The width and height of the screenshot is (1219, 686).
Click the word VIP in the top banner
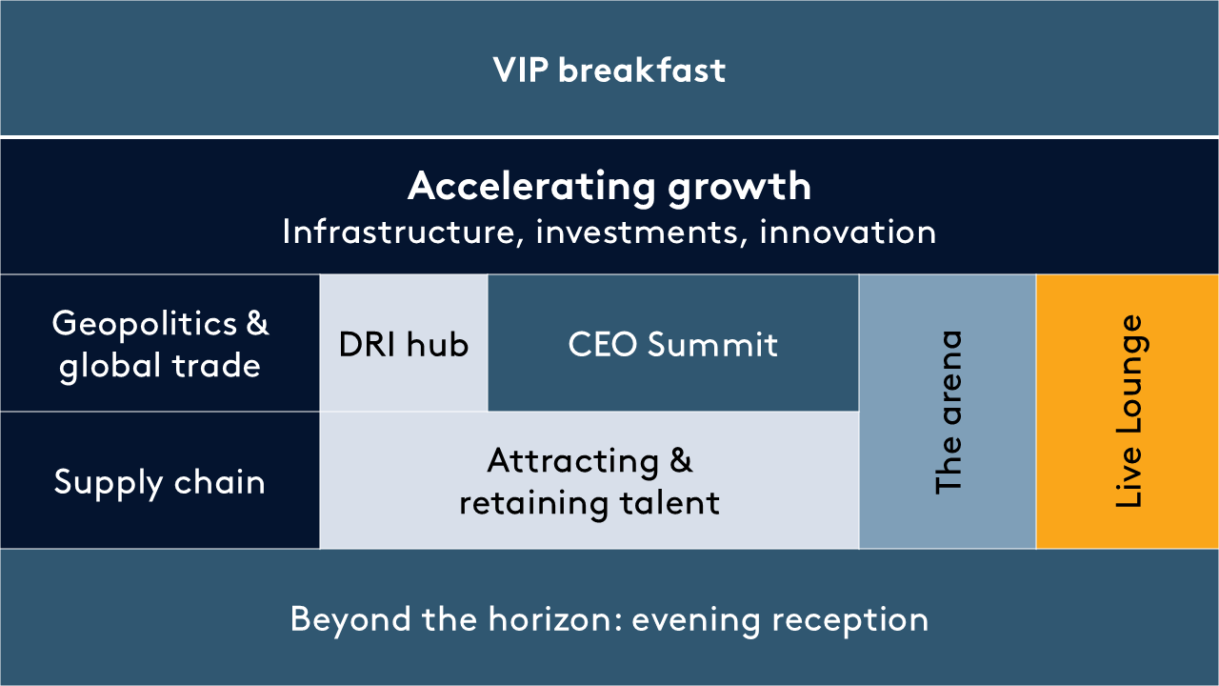520,71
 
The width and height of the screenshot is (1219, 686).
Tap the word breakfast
642,71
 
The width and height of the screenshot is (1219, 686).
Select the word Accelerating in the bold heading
531,188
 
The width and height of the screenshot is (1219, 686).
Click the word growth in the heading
740,188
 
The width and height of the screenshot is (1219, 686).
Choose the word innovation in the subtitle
848,232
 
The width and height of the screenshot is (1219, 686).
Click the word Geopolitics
145,325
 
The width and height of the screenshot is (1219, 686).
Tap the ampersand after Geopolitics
257,322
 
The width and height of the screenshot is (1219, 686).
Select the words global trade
159,366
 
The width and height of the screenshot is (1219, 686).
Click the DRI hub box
404,343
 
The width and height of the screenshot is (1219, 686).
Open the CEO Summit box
673,343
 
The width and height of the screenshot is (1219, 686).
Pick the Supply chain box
160,480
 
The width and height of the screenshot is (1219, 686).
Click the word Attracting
573,462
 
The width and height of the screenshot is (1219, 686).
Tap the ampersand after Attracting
681,460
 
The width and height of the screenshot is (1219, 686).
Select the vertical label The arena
949,413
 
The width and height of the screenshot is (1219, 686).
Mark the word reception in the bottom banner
850,620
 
